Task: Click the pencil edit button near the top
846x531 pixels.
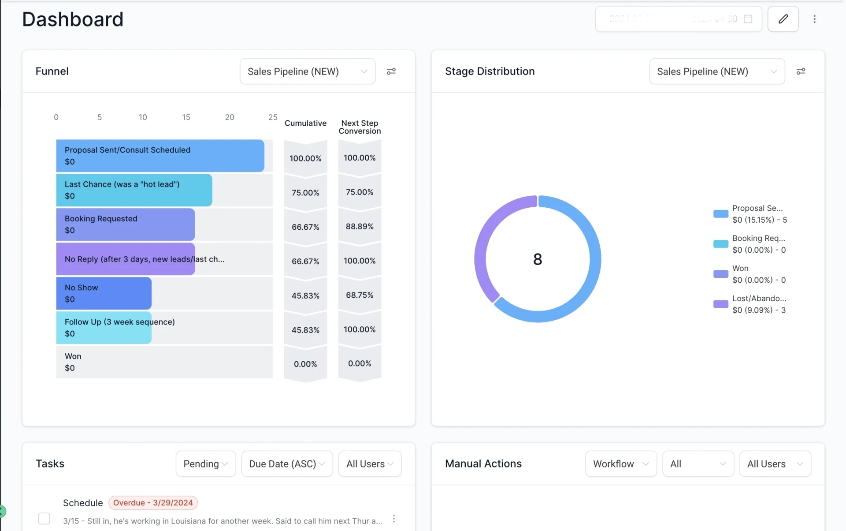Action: point(783,19)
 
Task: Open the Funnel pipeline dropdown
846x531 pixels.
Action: point(307,71)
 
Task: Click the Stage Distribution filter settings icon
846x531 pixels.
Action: point(801,71)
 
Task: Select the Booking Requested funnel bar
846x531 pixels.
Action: point(125,224)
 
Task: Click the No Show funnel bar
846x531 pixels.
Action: point(104,293)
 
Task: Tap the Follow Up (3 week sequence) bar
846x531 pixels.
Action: point(104,328)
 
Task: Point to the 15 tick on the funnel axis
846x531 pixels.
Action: point(186,117)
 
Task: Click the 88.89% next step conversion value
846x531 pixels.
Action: point(360,227)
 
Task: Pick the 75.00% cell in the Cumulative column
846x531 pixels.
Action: point(305,193)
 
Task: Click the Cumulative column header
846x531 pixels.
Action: point(305,123)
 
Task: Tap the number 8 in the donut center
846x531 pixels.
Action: point(538,259)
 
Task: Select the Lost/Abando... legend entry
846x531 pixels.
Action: point(759,304)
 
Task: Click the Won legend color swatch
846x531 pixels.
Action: point(720,274)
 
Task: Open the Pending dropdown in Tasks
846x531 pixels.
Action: point(205,464)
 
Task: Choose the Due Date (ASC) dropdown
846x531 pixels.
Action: point(287,464)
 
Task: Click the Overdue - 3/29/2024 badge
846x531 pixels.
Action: point(153,503)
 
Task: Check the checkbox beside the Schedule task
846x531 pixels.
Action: point(44,519)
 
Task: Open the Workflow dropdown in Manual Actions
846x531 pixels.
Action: point(620,464)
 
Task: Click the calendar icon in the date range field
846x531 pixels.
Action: point(748,19)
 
